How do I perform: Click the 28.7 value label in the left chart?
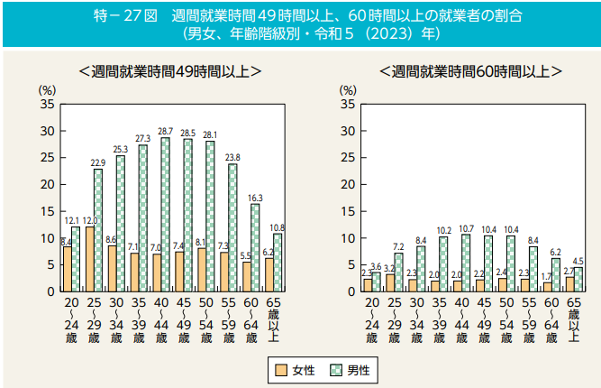[x=165, y=131]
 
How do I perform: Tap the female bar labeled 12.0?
[x=89, y=259]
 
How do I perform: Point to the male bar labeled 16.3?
[x=255, y=247]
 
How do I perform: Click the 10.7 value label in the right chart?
[x=466, y=228]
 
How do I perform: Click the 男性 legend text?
[x=358, y=368]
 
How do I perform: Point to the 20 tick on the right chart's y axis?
[x=348, y=185]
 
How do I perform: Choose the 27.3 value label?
[x=142, y=138]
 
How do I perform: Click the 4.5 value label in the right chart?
[x=578, y=261]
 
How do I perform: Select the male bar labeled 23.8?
[x=232, y=227]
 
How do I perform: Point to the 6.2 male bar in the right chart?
[x=556, y=274]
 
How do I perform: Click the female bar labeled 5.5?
[x=246, y=276]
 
